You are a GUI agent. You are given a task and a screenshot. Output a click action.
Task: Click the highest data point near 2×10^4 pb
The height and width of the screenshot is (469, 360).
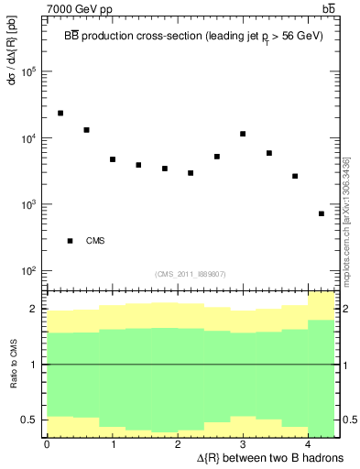click(x=60, y=113)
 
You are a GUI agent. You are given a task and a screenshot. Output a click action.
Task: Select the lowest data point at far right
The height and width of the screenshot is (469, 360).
click(x=322, y=213)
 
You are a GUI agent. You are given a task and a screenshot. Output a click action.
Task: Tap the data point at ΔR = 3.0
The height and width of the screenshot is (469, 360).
click(x=243, y=134)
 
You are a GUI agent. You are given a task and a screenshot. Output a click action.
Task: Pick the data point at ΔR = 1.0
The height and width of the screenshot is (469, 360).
click(x=113, y=159)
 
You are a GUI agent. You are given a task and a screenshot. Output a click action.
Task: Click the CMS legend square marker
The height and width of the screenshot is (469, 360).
click(x=70, y=241)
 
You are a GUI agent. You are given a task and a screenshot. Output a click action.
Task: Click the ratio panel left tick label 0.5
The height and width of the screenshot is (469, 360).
click(x=32, y=420)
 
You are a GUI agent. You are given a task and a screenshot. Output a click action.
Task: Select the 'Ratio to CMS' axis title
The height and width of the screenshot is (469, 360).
click(x=14, y=364)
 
